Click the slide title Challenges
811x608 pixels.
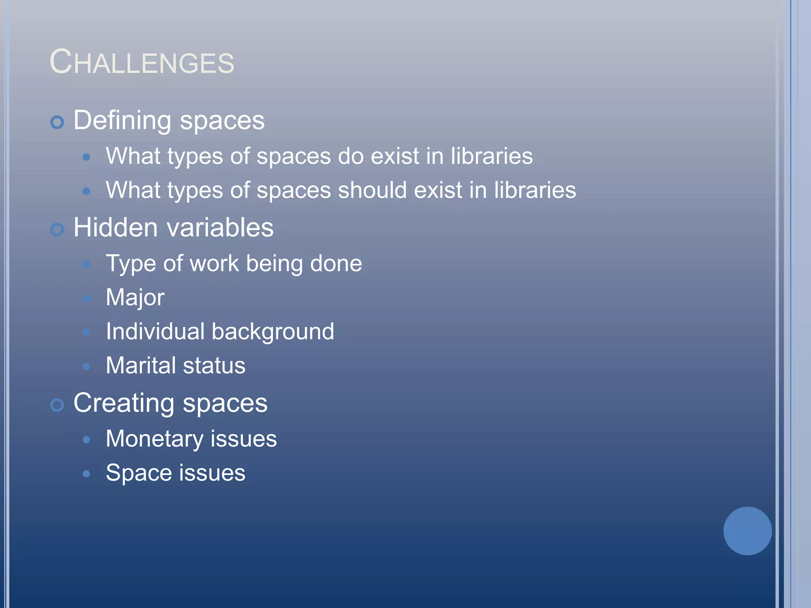click(x=142, y=62)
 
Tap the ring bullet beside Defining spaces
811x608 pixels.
click(x=57, y=122)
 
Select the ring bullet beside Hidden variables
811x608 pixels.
click(x=57, y=230)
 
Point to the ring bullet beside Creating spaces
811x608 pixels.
click(x=57, y=405)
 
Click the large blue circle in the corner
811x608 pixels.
click(x=747, y=531)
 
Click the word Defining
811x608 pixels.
click(x=122, y=120)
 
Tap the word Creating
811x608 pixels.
click(x=124, y=403)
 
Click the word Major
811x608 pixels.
click(x=135, y=298)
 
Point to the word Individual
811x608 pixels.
click(x=155, y=331)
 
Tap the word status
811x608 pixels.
click(x=214, y=366)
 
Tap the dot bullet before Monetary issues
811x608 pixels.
click(x=86, y=440)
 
